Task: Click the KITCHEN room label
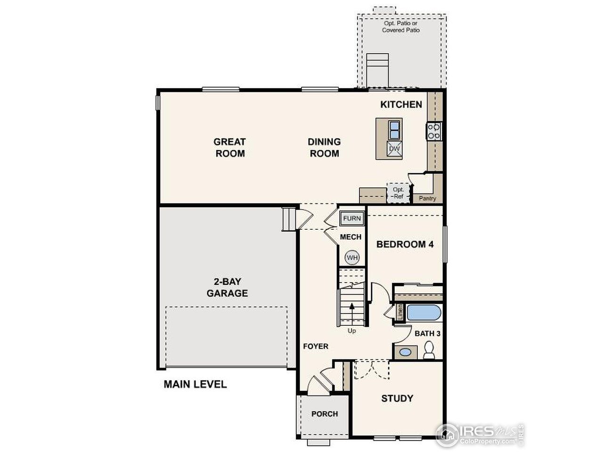coord(401,105)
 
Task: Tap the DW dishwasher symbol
coord(394,149)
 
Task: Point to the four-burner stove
coord(434,131)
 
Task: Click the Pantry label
coord(428,198)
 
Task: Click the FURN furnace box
coord(352,218)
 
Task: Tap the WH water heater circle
coord(352,258)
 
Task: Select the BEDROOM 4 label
coord(405,244)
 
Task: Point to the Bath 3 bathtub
coord(424,313)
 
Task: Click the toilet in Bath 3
coord(429,350)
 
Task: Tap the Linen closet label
coord(400,313)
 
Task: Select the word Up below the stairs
coord(351,331)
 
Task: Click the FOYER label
coord(315,347)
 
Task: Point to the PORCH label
coord(325,414)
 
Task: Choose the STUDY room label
coord(397,398)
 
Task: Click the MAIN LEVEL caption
coord(195,384)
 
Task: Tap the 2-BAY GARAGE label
coord(228,288)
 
